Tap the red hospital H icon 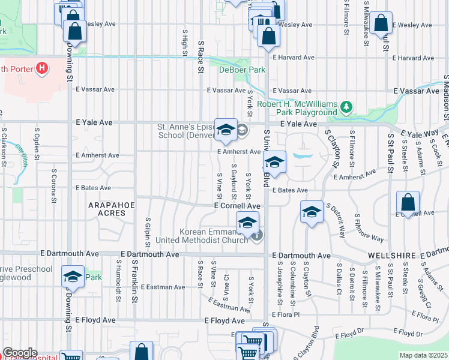pyautogui.click(x=41, y=68)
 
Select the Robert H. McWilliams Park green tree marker pyautogui.click(x=346, y=107)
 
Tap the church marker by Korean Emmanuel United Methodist pyautogui.click(x=256, y=235)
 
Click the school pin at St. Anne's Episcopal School pyautogui.click(x=226, y=130)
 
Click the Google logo pyautogui.click(x=20, y=353)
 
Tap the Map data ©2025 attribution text pyautogui.click(x=423, y=355)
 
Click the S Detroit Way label pyautogui.click(x=335, y=220)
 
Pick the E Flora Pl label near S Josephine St pyautogui.click(x=285, y=314)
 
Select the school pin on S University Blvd pyautogui.click(x=274, y=162)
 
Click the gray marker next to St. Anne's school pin pyautogui.click(x=241, y=130)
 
